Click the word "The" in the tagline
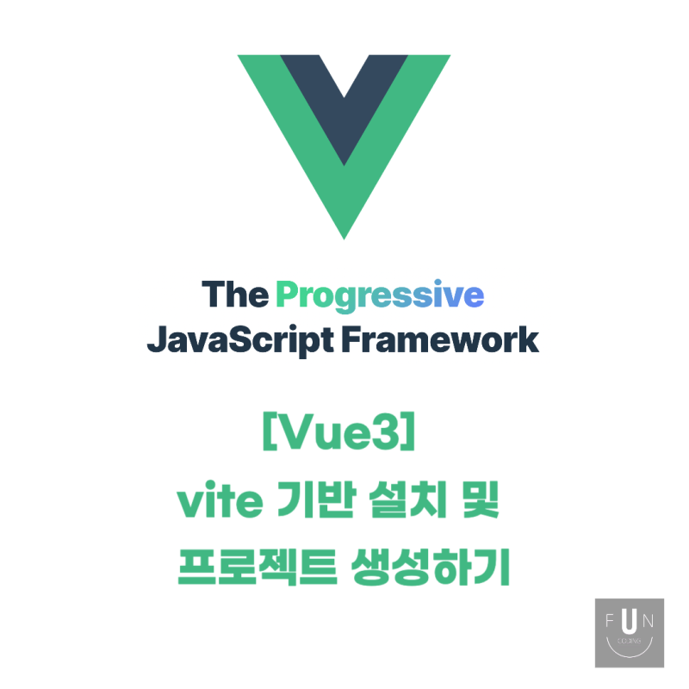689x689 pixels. [x=235, y=295]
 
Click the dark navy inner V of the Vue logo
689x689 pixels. [x=344, y=103]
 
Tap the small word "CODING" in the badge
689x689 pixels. [x=630, y=640]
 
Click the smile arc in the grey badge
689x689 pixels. [x=630, y=648]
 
